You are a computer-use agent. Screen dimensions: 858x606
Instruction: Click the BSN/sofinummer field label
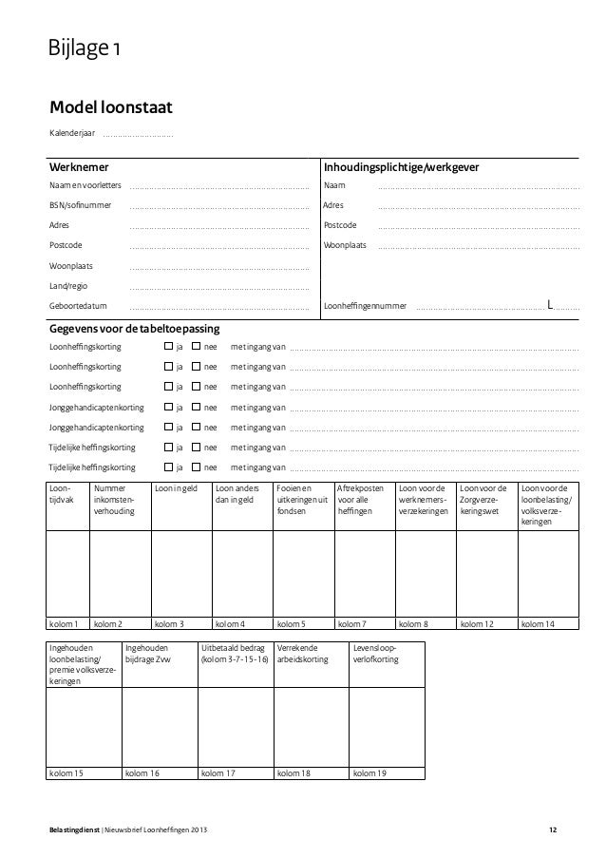coord(80,205)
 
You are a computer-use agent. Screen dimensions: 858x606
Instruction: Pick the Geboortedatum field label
coord(78,306)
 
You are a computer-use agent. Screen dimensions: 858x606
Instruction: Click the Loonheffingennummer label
coord(366,306)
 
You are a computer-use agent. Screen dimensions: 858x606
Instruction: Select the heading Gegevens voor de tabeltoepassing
coord(134,328)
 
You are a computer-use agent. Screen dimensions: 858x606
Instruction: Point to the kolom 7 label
coord(354,624)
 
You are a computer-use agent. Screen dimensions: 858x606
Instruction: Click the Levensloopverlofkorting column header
coord(375,655)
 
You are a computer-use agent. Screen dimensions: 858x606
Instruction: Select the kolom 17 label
coord(218,773)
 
